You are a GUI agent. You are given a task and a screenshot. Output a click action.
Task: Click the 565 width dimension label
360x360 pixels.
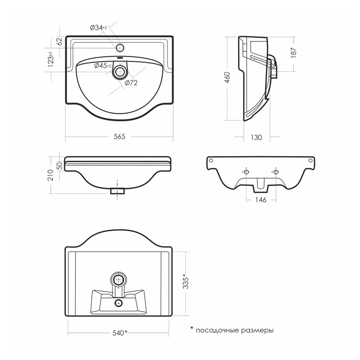119,137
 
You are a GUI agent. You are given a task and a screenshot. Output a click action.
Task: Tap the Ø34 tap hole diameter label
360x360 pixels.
98,28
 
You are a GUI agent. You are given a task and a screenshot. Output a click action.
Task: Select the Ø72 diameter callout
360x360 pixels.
131,83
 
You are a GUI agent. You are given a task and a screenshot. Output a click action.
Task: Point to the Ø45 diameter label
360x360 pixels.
103,66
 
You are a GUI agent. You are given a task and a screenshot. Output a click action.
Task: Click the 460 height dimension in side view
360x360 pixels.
227,77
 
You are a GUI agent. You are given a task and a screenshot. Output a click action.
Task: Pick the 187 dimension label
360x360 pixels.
294,53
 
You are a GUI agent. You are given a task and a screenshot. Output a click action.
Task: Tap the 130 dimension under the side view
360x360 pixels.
256,137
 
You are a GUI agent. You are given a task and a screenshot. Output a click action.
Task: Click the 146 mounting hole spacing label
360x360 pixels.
261,200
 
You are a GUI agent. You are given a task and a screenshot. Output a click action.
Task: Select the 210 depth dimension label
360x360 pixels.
50,175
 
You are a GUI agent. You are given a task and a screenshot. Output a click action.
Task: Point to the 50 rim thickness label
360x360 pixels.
59,166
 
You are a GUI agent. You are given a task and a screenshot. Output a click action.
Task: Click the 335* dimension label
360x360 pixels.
185,281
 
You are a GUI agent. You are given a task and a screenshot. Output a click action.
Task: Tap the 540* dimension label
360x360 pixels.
120,333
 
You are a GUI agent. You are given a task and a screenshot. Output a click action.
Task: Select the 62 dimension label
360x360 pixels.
59,41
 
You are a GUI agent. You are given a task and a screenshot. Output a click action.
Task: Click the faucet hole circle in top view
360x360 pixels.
120,48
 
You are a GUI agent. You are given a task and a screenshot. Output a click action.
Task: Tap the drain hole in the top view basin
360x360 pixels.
120,72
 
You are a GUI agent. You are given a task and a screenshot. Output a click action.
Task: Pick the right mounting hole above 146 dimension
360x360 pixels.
275,172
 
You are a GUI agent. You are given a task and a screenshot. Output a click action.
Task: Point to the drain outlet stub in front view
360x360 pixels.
117,191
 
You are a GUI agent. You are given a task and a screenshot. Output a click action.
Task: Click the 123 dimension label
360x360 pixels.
51,59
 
